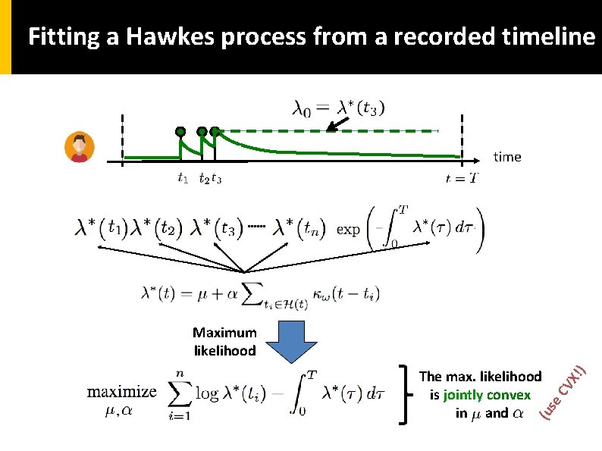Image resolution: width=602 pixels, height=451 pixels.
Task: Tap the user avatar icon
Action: tap(79, 147)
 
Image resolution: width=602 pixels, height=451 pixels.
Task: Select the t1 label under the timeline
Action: tap(183, 180)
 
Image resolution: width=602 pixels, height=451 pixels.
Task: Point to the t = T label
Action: tap(462, 180)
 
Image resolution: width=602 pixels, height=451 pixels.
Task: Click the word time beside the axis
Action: tap(507, 157)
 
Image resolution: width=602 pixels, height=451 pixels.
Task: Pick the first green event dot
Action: tap(180, 132)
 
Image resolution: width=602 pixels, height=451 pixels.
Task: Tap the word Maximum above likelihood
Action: tap(224, 332)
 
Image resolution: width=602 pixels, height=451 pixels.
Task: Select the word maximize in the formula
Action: tap(122, 392)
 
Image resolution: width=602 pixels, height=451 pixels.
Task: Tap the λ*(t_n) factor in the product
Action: tap(299, 227)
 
